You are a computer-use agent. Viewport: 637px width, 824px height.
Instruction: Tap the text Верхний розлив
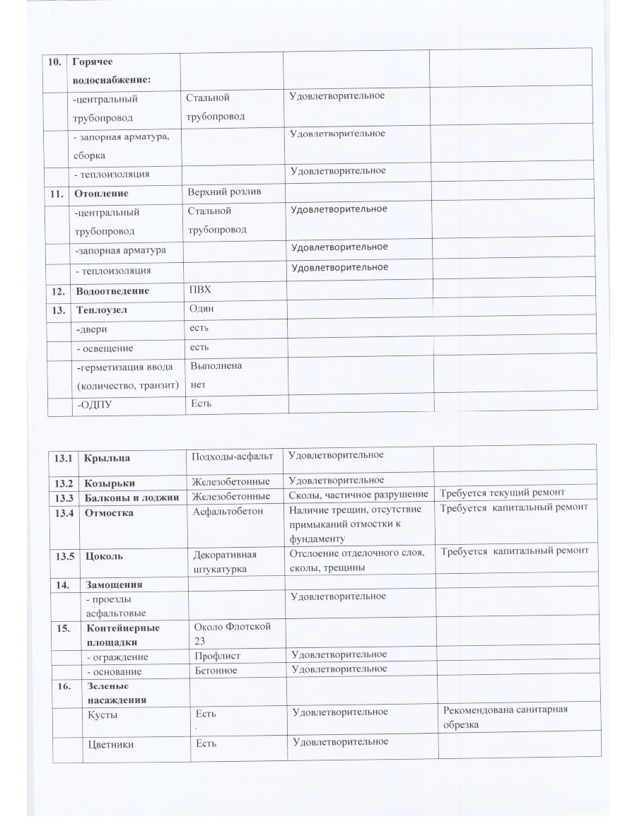coord(222,192)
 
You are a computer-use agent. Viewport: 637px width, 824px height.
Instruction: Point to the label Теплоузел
coord(102,310)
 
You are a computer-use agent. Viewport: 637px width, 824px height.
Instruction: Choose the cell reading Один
coord(201,309)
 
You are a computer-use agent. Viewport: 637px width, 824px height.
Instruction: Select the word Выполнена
coord(216,366)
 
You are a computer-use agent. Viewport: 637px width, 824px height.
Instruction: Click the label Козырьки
coord(110,483)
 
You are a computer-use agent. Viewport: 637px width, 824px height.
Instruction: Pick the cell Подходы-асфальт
coord(233,456)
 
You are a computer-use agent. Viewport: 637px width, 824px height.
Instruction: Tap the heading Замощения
coord(115,584)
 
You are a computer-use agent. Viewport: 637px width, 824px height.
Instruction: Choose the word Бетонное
coord(216,670)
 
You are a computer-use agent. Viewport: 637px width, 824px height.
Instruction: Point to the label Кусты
coord(103,714)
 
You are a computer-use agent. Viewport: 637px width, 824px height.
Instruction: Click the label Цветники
coord(110,744)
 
